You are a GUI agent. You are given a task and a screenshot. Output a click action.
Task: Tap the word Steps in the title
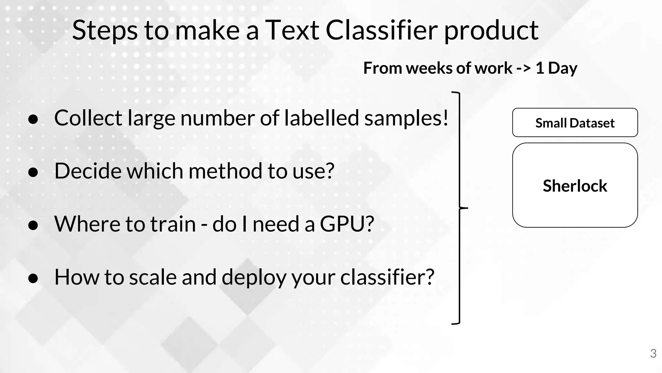[x=104, y=31]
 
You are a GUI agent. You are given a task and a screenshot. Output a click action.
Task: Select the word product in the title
[x=491, y=31]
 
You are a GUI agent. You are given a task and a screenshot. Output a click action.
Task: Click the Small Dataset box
[x=575, y=123]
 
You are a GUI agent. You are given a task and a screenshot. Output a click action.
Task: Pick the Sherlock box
[x=575, y=185]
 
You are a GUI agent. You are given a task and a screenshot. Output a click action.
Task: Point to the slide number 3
[x=653, y=353]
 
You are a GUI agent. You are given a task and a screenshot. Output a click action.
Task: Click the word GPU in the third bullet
[x=343, y=224]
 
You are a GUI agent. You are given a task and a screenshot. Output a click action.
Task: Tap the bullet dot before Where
[x=33, y=225]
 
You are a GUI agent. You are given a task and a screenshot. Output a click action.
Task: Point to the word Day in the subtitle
[x=562, y=68]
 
